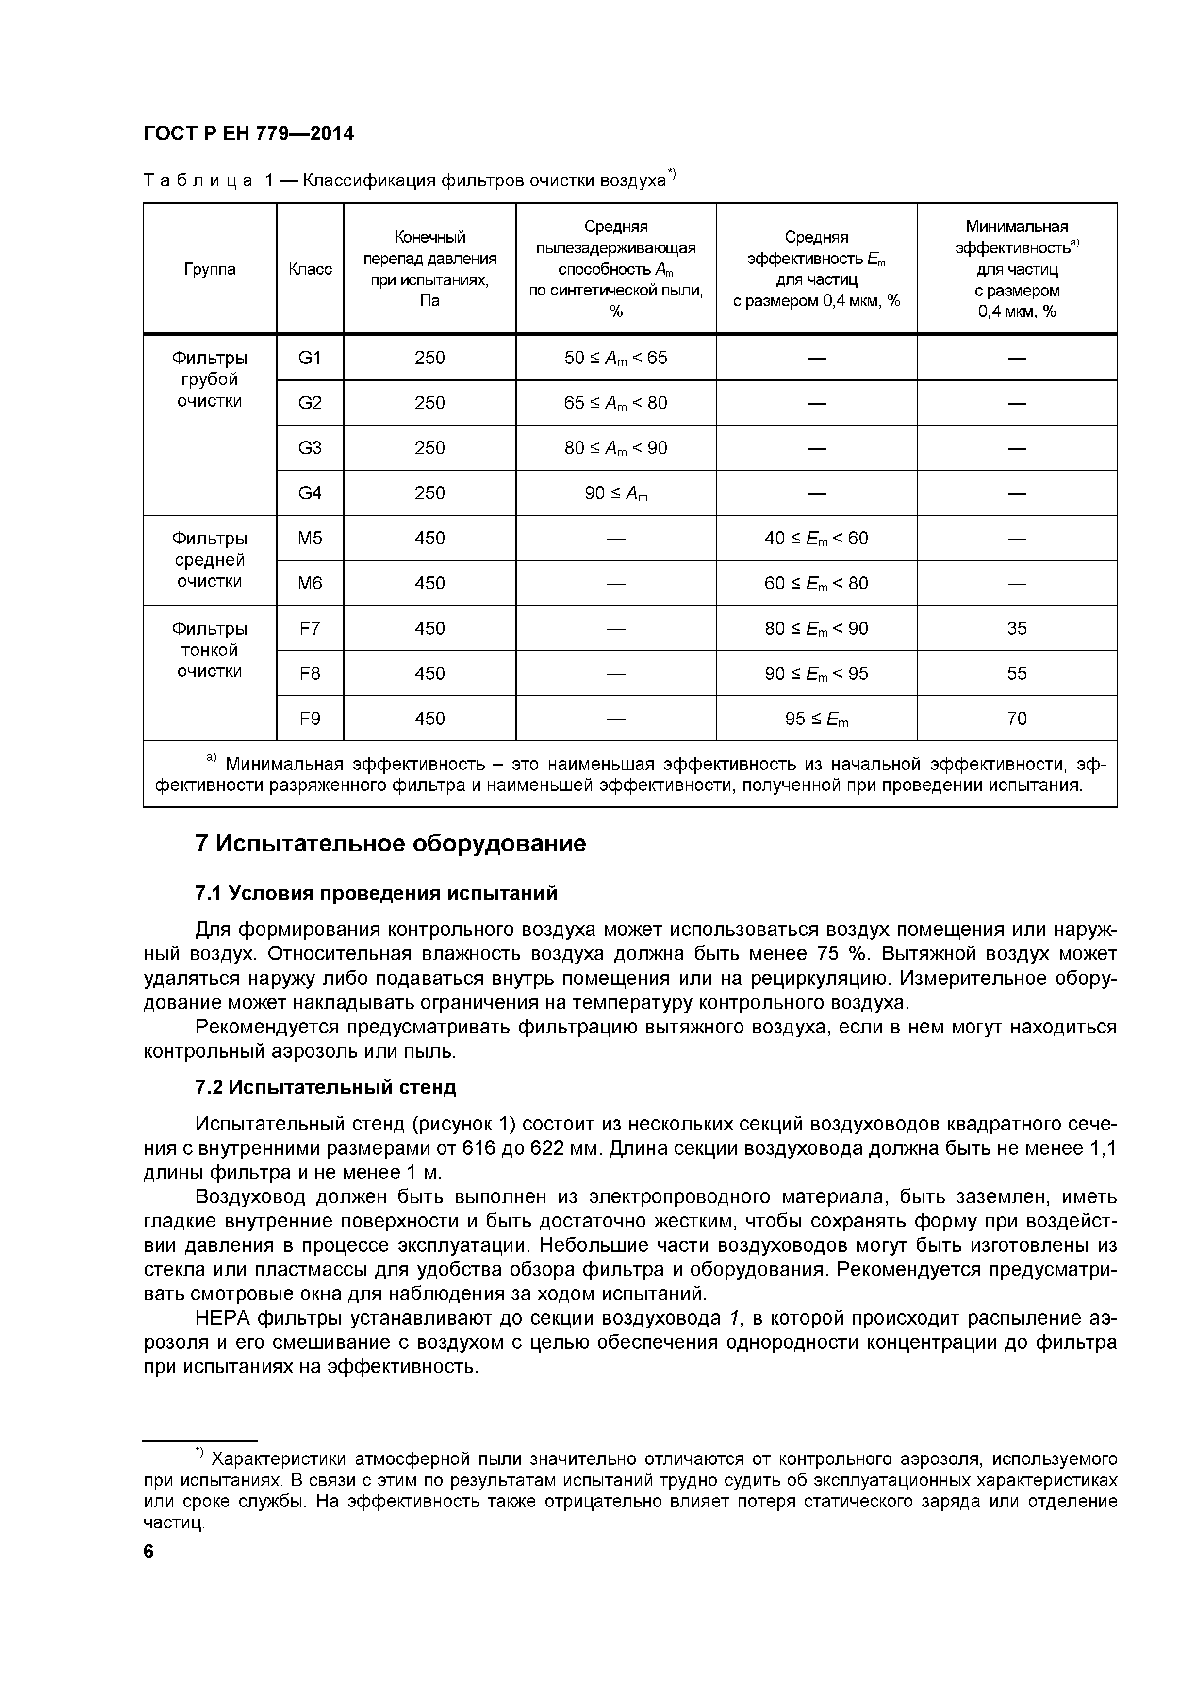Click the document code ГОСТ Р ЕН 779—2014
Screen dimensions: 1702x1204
(248, 133)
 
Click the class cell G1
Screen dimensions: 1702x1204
(310, 358)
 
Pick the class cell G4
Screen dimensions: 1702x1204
(310, 493)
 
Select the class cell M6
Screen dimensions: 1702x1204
(310, 583)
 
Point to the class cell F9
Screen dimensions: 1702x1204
(310, 719)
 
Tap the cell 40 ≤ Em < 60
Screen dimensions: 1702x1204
(816, 538)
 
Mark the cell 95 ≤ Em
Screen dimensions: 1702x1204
(816, 719)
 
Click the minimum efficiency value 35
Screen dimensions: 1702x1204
(1016, 629)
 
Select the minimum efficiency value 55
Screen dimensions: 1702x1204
(1016, 673)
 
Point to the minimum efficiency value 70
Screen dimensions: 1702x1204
(1016, 719)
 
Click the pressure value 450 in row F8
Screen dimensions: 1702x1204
(429, 673)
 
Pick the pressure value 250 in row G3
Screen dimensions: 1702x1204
(429, 448)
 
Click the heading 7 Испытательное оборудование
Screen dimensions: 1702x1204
(390, 844)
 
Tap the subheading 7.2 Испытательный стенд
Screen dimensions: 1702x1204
(326, 1087)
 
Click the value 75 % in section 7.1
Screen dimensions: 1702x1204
(836, 953)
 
